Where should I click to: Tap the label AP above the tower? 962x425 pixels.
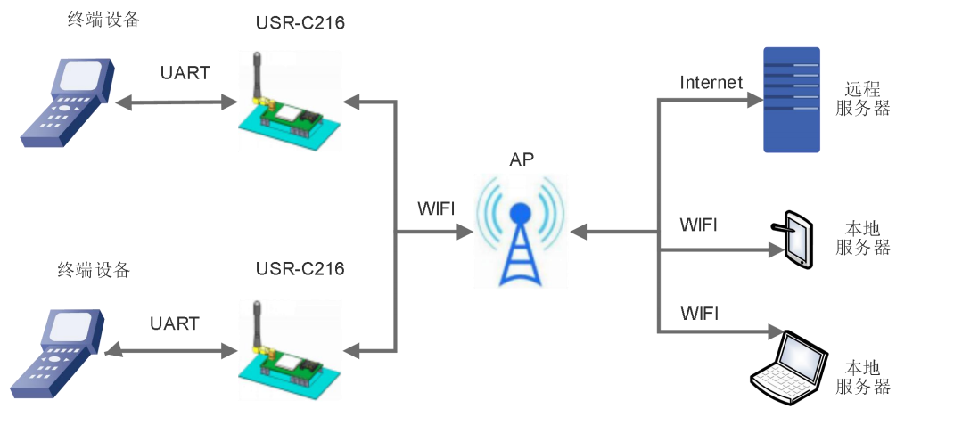pos(522,160)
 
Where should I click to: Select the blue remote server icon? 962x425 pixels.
pos(792,100)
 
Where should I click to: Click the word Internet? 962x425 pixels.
pos(711,83)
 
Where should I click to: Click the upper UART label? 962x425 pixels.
pos(185,73)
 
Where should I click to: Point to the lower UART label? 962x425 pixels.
pos(175,323)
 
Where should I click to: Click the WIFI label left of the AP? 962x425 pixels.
pos(436,209)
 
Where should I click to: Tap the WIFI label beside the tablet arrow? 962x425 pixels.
pos(698,224)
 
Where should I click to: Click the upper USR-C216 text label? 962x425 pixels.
pos(300,23)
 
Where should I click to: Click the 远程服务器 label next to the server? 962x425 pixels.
pos(863,99)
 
